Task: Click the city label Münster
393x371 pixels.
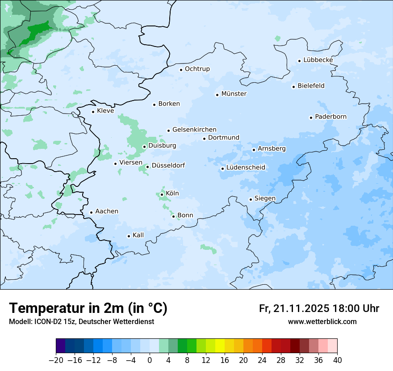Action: click(x=234, y=94)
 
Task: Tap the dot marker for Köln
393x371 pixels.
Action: click(x=162, y=194)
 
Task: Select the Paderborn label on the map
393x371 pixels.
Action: click(x=330, y=117)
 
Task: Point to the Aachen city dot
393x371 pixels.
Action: click(x=91, y=213)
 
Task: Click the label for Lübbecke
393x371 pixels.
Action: click(x=318, y=60)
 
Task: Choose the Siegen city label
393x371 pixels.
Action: click(x=265, y=198)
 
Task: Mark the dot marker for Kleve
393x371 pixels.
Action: click(x=93, y=112)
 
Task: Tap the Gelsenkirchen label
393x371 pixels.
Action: click(x=194, y=130)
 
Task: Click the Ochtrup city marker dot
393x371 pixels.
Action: click(x=181, y=70)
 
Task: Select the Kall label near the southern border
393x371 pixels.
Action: click(x=138, y=235)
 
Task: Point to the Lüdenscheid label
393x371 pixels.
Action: click(x=246, y=168)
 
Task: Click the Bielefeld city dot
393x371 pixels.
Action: click(x=293, y=87)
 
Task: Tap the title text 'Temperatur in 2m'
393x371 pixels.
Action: click(x=88, y=308)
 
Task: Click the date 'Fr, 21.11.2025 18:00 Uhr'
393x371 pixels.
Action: click(x=319, y=308)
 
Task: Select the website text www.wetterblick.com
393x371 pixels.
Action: click(x=322, y=321)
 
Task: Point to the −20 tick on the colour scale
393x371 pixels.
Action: click(x=56, y=360)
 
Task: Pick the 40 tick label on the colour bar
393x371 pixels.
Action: click(x=337, y=360)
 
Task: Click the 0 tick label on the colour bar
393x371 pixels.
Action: click(x=150, y=360)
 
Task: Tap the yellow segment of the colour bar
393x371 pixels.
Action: click(x=220, y=346)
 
